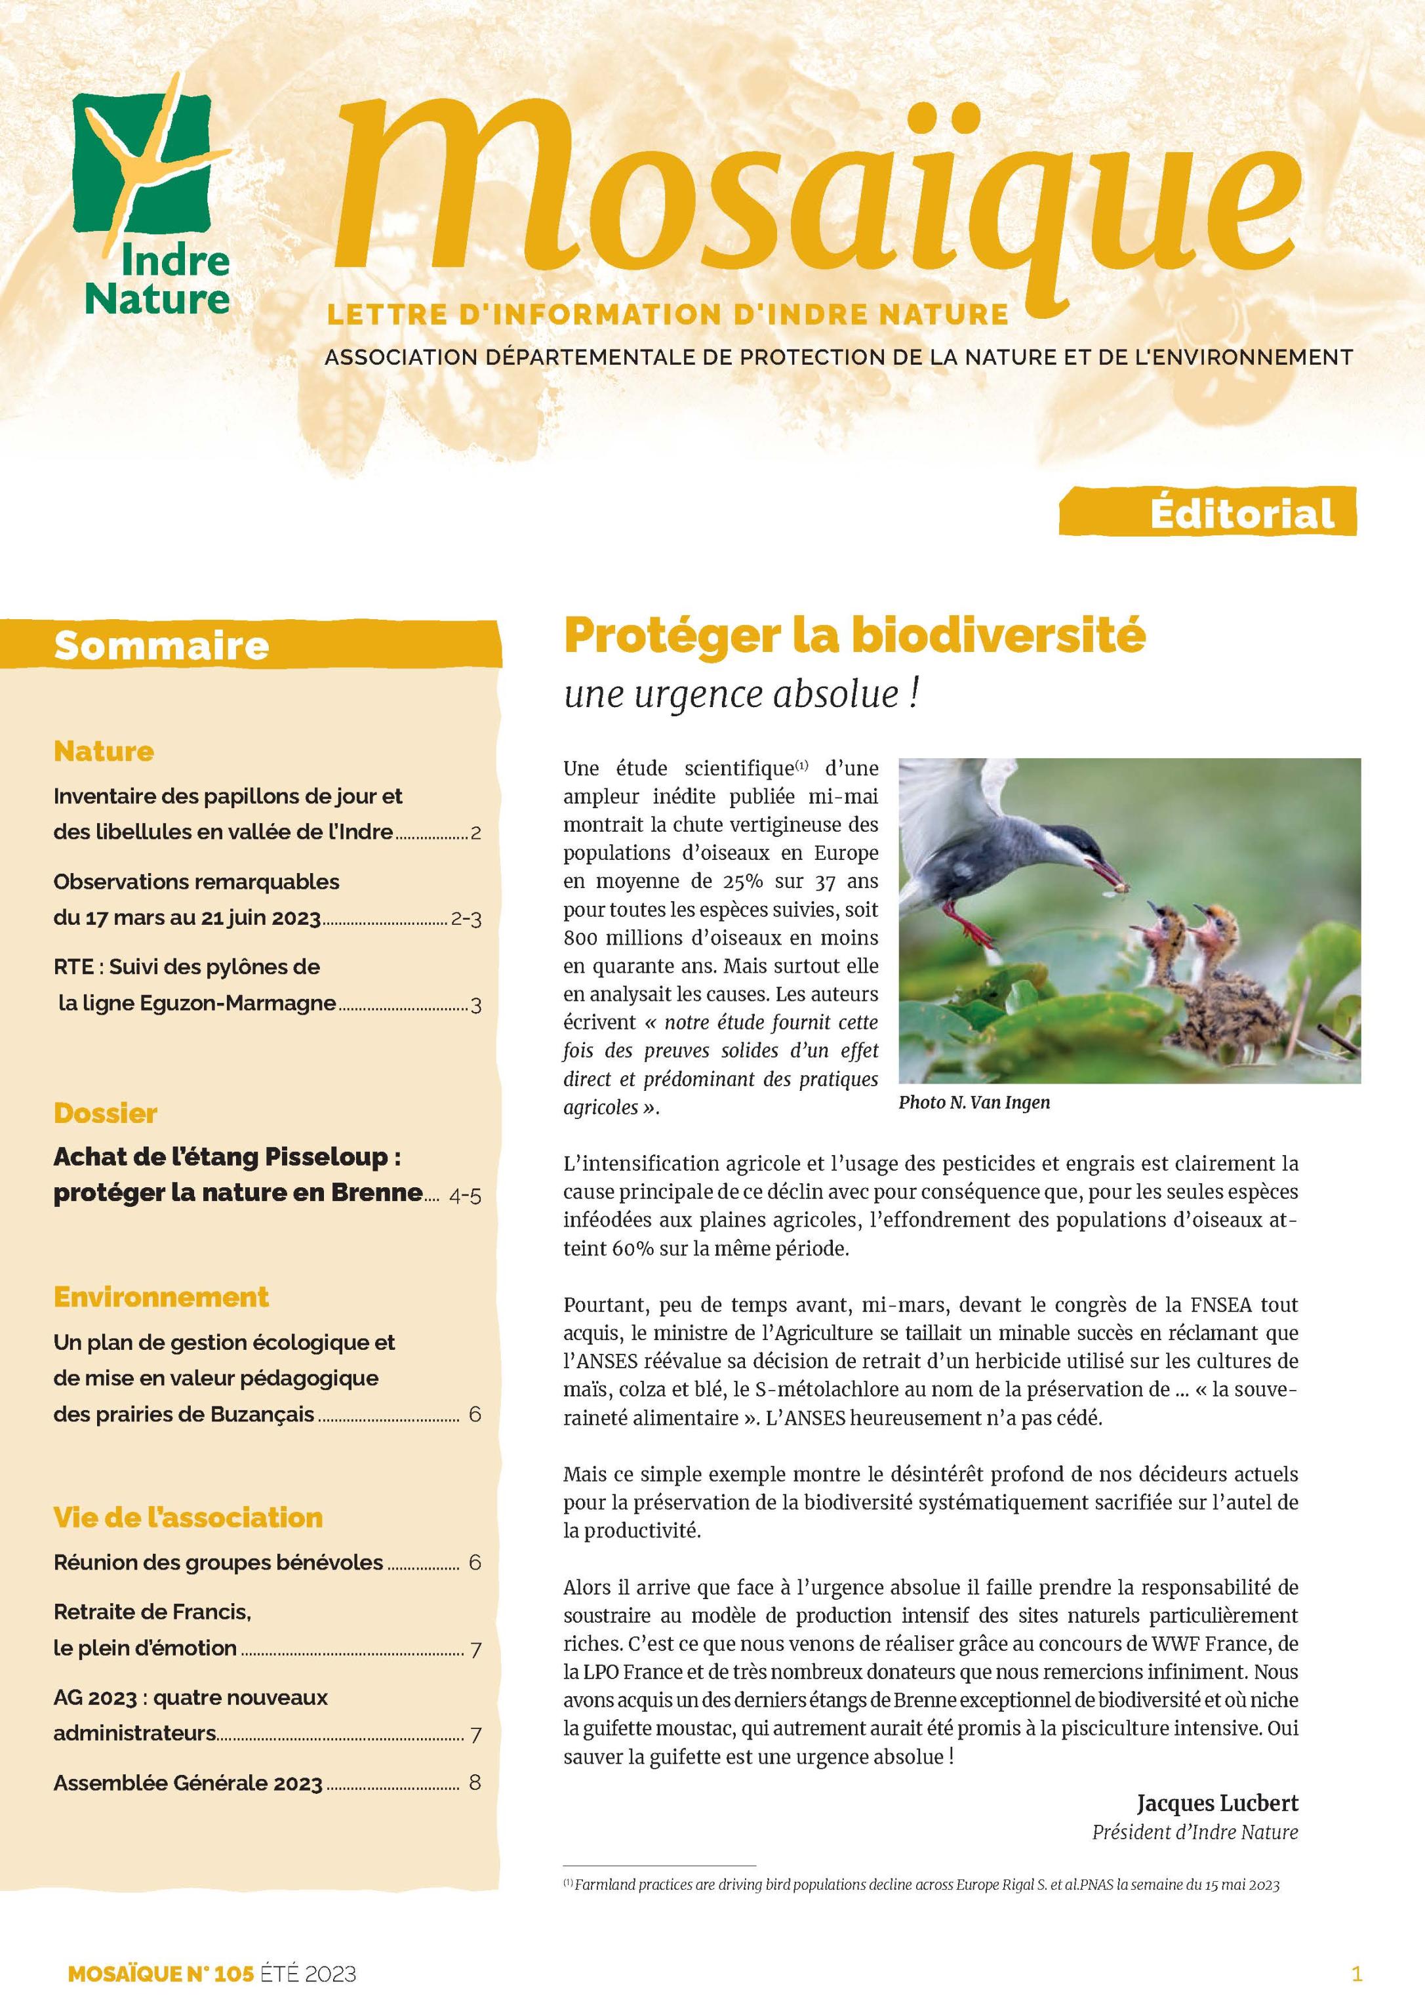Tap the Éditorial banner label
click(1241, 514)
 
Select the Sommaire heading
click(161, 646)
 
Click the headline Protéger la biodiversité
click(854, 636)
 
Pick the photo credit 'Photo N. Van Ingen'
click(973, 1103)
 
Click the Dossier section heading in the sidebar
click(106, 1113)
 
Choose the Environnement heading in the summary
click(161, 1297)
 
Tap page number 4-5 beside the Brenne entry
click(464, 1195)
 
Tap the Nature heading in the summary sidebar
click(104, 751)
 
